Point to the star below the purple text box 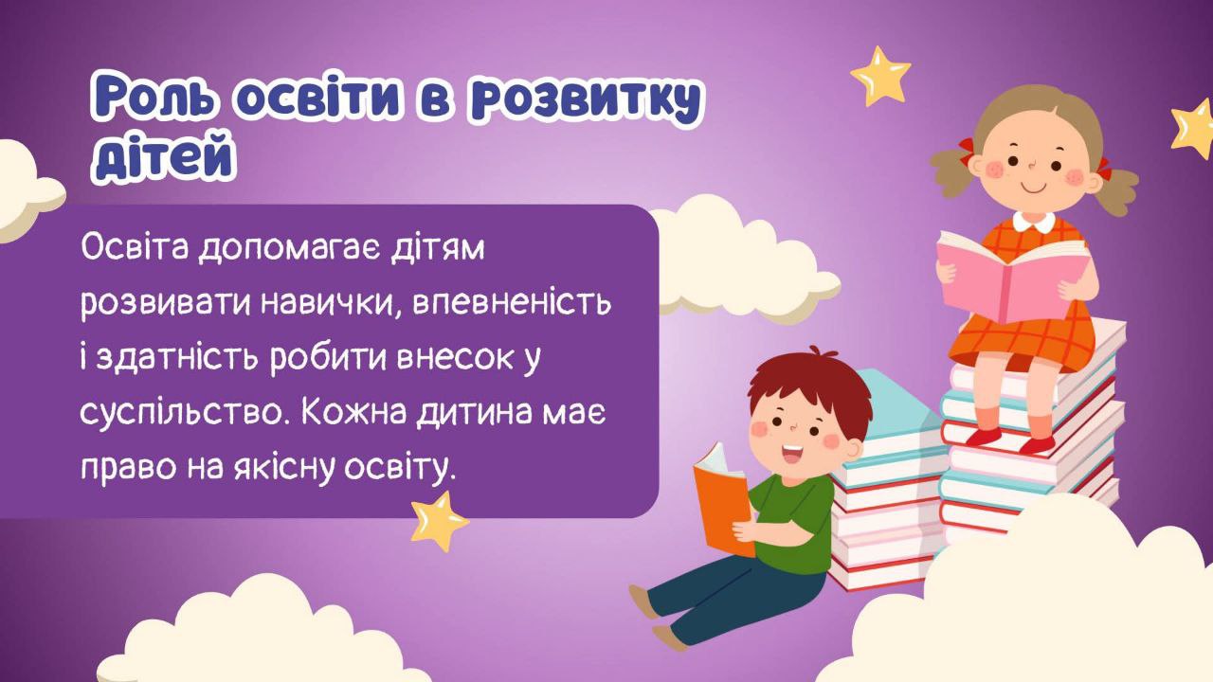(x=439, y=520)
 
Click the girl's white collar (x=1033, y=224)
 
